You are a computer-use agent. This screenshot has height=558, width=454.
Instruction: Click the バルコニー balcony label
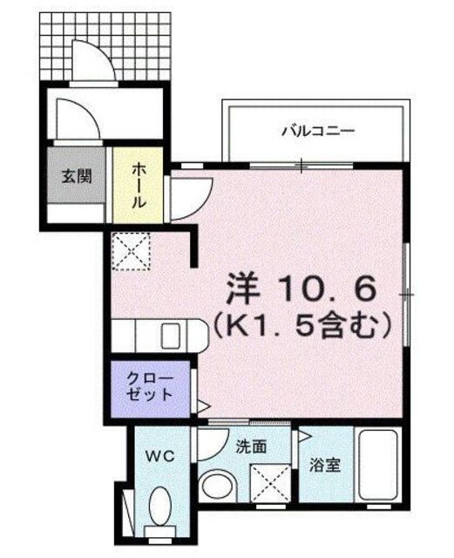(317, 133)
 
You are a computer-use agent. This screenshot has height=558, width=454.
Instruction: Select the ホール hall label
(139, 184)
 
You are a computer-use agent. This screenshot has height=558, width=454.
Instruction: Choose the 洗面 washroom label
(251, 446)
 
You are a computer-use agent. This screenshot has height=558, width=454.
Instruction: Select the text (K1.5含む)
(299, 327)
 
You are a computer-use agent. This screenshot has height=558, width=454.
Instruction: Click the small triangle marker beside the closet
(202, 405)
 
